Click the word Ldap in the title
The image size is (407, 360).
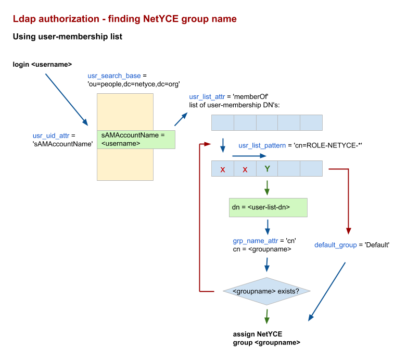tap(24, 19)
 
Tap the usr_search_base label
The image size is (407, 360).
tap(114, 76)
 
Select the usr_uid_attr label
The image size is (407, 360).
tap(51, 136)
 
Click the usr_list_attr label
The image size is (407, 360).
tap(207, 97)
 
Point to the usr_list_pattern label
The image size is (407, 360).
tap(262, 145)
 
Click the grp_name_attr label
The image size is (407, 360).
tap(256, 241)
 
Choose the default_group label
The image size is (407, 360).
tap(336, 245)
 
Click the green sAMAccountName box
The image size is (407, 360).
tap(136, 140)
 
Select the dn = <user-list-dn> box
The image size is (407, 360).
tap(268, 207)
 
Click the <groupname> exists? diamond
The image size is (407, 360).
tap(266, 291)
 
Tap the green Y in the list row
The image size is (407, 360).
tap(267, 169)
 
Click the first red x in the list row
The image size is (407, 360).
tap(223, 169)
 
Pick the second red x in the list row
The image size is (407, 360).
tap(245, 169)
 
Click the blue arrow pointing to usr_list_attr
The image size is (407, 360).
tap(181, 119)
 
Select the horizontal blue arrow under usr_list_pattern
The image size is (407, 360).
tap(249, 156)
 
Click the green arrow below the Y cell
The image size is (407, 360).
tap(267, 187)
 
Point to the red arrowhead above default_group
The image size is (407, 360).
tap(349, 231)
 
